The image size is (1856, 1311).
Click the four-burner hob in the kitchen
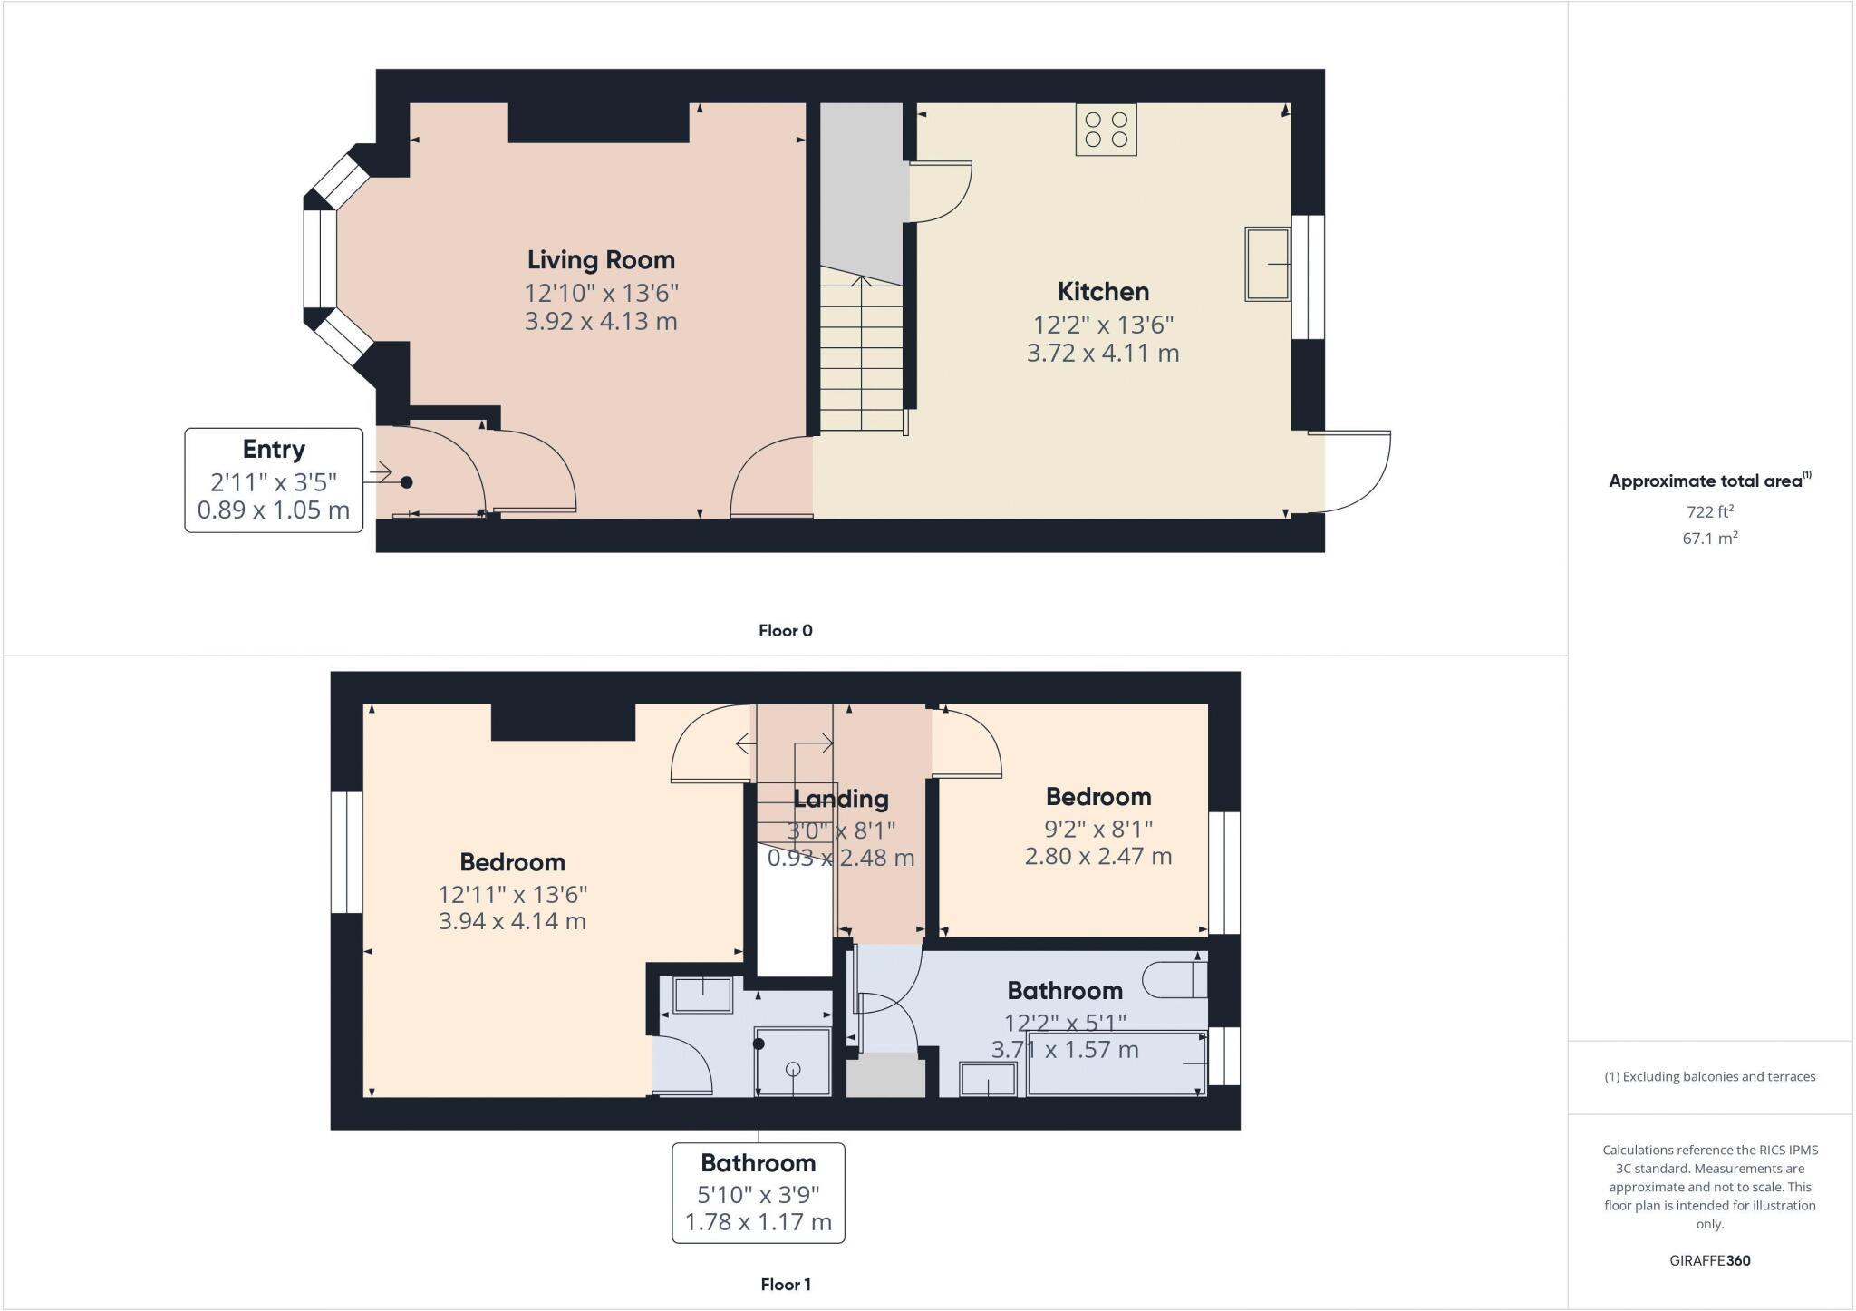click(x=1106, y=130)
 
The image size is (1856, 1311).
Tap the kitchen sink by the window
click(x=1267, y=264)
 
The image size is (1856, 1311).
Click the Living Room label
click(x=601, y=260)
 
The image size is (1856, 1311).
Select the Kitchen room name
click(x=1103, y=292)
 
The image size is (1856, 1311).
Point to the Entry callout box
click(x=274, y=480)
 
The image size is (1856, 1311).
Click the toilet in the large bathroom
click(x=1174, y=980)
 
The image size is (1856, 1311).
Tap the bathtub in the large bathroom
click(x=1116, y=1063)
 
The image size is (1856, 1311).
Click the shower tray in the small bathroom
click(x=793, y=1061)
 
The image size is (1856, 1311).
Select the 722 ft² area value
click(x=1709, y=511)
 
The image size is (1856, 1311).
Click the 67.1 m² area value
click(x=1709, y=538)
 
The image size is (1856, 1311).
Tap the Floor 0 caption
click(x=785, y=631)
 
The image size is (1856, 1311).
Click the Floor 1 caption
click(x=785, y=1285)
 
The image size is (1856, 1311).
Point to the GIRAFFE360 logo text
click(x=1709, y=1260)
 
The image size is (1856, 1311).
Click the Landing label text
click(x=841, y=799)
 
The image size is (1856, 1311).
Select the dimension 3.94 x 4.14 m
click(x=512, y=922)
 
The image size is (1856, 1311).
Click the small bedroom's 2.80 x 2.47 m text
click(x=1098, y=856)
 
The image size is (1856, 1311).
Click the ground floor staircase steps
click(x=862, y=358)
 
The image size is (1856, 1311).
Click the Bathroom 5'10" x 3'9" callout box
click(x=758, y=1192)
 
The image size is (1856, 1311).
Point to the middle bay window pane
click(x=319, y=260)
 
